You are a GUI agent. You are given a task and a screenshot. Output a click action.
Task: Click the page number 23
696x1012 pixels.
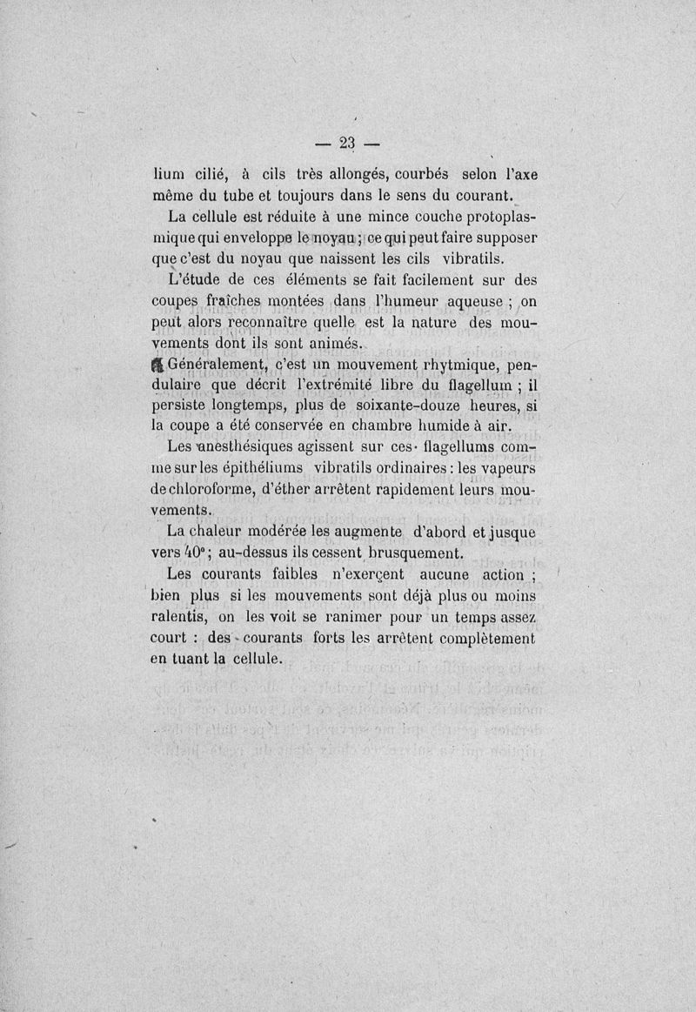click(348, 143)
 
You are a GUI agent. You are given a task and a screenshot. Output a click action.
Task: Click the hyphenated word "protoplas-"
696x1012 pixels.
click(488, 217)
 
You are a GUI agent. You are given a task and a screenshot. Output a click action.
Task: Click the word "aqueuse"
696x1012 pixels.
click(472, 301)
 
